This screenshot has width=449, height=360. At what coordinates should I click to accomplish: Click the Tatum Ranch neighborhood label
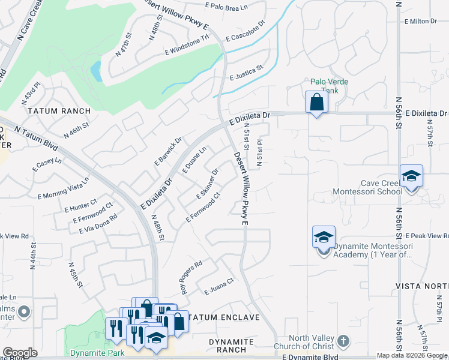click(x=59, y=111)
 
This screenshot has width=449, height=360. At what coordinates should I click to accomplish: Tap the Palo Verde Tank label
click(x=329, y=86)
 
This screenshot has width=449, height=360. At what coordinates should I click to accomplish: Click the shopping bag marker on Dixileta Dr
click(x=316, y=102)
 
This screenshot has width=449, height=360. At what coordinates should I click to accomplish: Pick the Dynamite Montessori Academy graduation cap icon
click(x=324, y=238)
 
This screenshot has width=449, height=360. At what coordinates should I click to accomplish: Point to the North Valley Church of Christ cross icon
click(x=343, y=341)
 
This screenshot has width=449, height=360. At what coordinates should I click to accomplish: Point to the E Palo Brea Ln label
click(x=226, y=8)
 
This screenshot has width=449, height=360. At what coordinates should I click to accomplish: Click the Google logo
click(x=20, y=353)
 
